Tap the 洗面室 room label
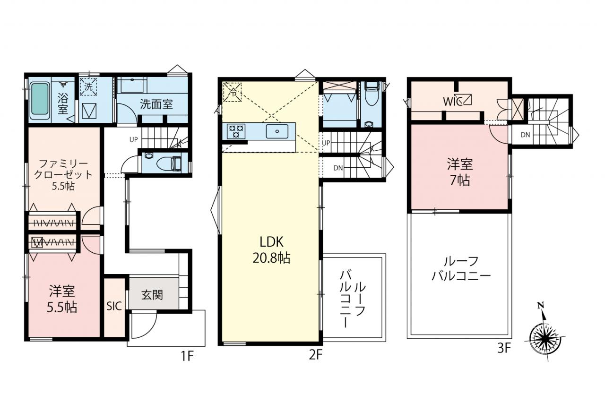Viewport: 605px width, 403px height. click(x=156, y=104)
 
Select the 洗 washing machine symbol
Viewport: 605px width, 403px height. click(x=88, y=86)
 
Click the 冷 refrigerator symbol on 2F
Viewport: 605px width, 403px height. click(x=232, y=92)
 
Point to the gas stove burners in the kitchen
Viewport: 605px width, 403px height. click(x=236, y=131)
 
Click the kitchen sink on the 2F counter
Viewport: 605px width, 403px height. click(x=277, y=131)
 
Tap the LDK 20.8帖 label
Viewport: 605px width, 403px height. click(x=271, y=249)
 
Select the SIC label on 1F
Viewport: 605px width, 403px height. click(x=114, y=306)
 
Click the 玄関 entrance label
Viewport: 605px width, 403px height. click(x=152, y=295)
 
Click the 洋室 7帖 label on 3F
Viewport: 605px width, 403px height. click(x=460, y=172)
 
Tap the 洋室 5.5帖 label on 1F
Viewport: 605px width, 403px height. click(x=62, y=300)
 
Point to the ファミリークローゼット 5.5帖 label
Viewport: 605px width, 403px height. click(x=63, y=175)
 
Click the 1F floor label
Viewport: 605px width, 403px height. click(x=187, y=356)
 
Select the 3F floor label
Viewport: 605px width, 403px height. click(x=504, y=348)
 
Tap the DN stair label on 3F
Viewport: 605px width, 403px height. click(x=525, y=135)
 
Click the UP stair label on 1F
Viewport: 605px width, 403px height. click(x=134, y=139)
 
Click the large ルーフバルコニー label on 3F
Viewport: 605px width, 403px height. click(x=461, y=268)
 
